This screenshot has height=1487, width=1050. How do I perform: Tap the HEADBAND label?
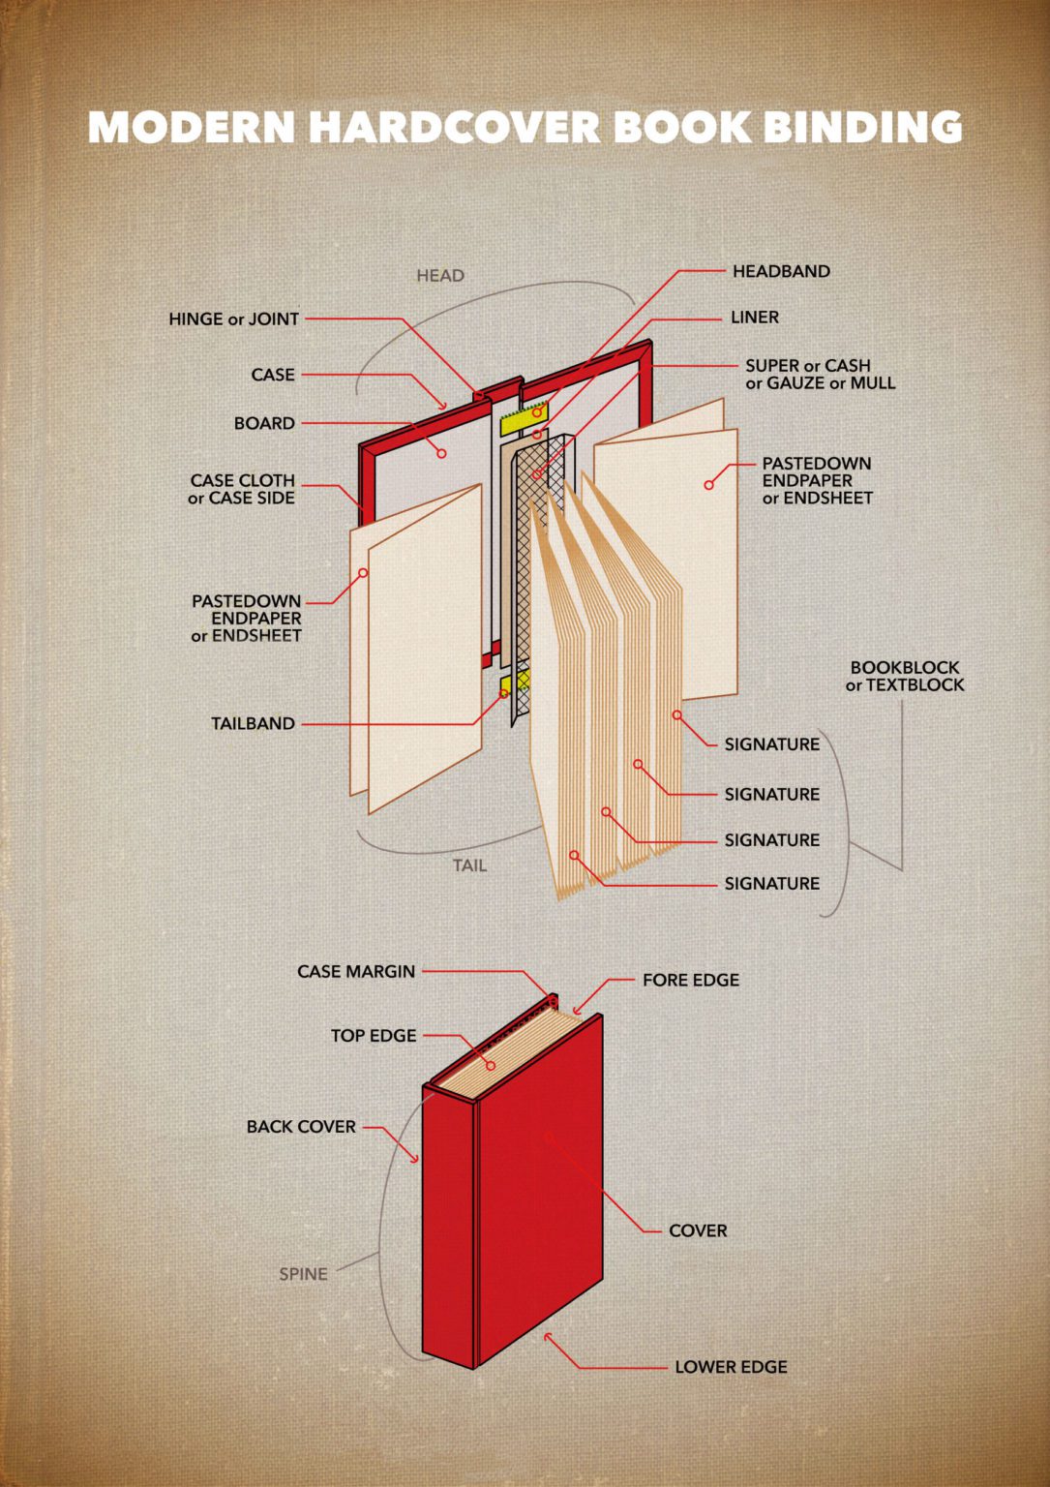[780, 271]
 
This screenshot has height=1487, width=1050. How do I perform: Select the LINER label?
[754, 318]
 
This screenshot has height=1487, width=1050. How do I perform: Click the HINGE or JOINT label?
[233, 319]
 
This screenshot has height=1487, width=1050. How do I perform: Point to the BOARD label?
[264, 423]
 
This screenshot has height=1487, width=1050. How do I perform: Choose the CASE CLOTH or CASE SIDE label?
[242, 489]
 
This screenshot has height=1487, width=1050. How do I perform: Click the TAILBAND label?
[253, 723]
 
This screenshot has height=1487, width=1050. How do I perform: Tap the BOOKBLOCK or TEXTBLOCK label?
[905, 676]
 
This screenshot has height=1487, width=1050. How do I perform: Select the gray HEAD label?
[440, 276]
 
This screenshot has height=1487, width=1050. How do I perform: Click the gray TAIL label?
[470, 865]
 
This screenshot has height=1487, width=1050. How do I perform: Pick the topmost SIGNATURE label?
[771, 744]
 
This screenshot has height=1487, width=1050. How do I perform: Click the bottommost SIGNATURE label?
[771, 883]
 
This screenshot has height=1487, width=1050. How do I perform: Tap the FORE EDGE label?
[690, 980]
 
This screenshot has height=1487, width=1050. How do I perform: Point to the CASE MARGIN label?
[356, 971]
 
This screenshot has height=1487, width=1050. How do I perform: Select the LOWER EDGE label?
[731, 1367]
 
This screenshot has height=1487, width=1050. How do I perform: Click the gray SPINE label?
[303, 1274]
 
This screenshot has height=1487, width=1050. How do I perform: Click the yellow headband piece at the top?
[524, 417]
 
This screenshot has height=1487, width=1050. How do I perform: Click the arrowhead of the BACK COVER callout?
[416, 1159]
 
